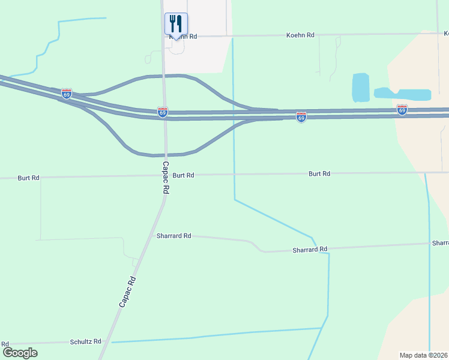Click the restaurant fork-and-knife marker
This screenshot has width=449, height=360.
coord(176,24)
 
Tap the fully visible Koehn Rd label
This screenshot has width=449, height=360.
coord(302,35)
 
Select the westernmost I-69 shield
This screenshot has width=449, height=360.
coord(66,94)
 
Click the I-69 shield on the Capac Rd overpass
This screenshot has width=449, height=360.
coord(163,112)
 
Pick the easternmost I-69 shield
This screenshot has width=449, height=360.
coord(402,110)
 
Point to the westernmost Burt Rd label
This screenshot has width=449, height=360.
coord(28,178)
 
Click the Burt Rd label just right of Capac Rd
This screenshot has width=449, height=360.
coord(183,175)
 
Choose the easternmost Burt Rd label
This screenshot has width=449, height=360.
coord(319,174)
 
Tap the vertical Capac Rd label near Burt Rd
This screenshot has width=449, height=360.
coord(166,177)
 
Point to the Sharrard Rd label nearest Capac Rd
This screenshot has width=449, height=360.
coord(173,236)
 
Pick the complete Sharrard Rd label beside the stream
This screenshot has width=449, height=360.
coord(310,249)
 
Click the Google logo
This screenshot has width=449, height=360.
coord(20,353)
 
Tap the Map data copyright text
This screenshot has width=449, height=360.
coord(424,355)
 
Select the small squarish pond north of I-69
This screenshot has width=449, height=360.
coord(360,88)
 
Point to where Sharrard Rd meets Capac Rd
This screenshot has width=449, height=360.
coord(152,235)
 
